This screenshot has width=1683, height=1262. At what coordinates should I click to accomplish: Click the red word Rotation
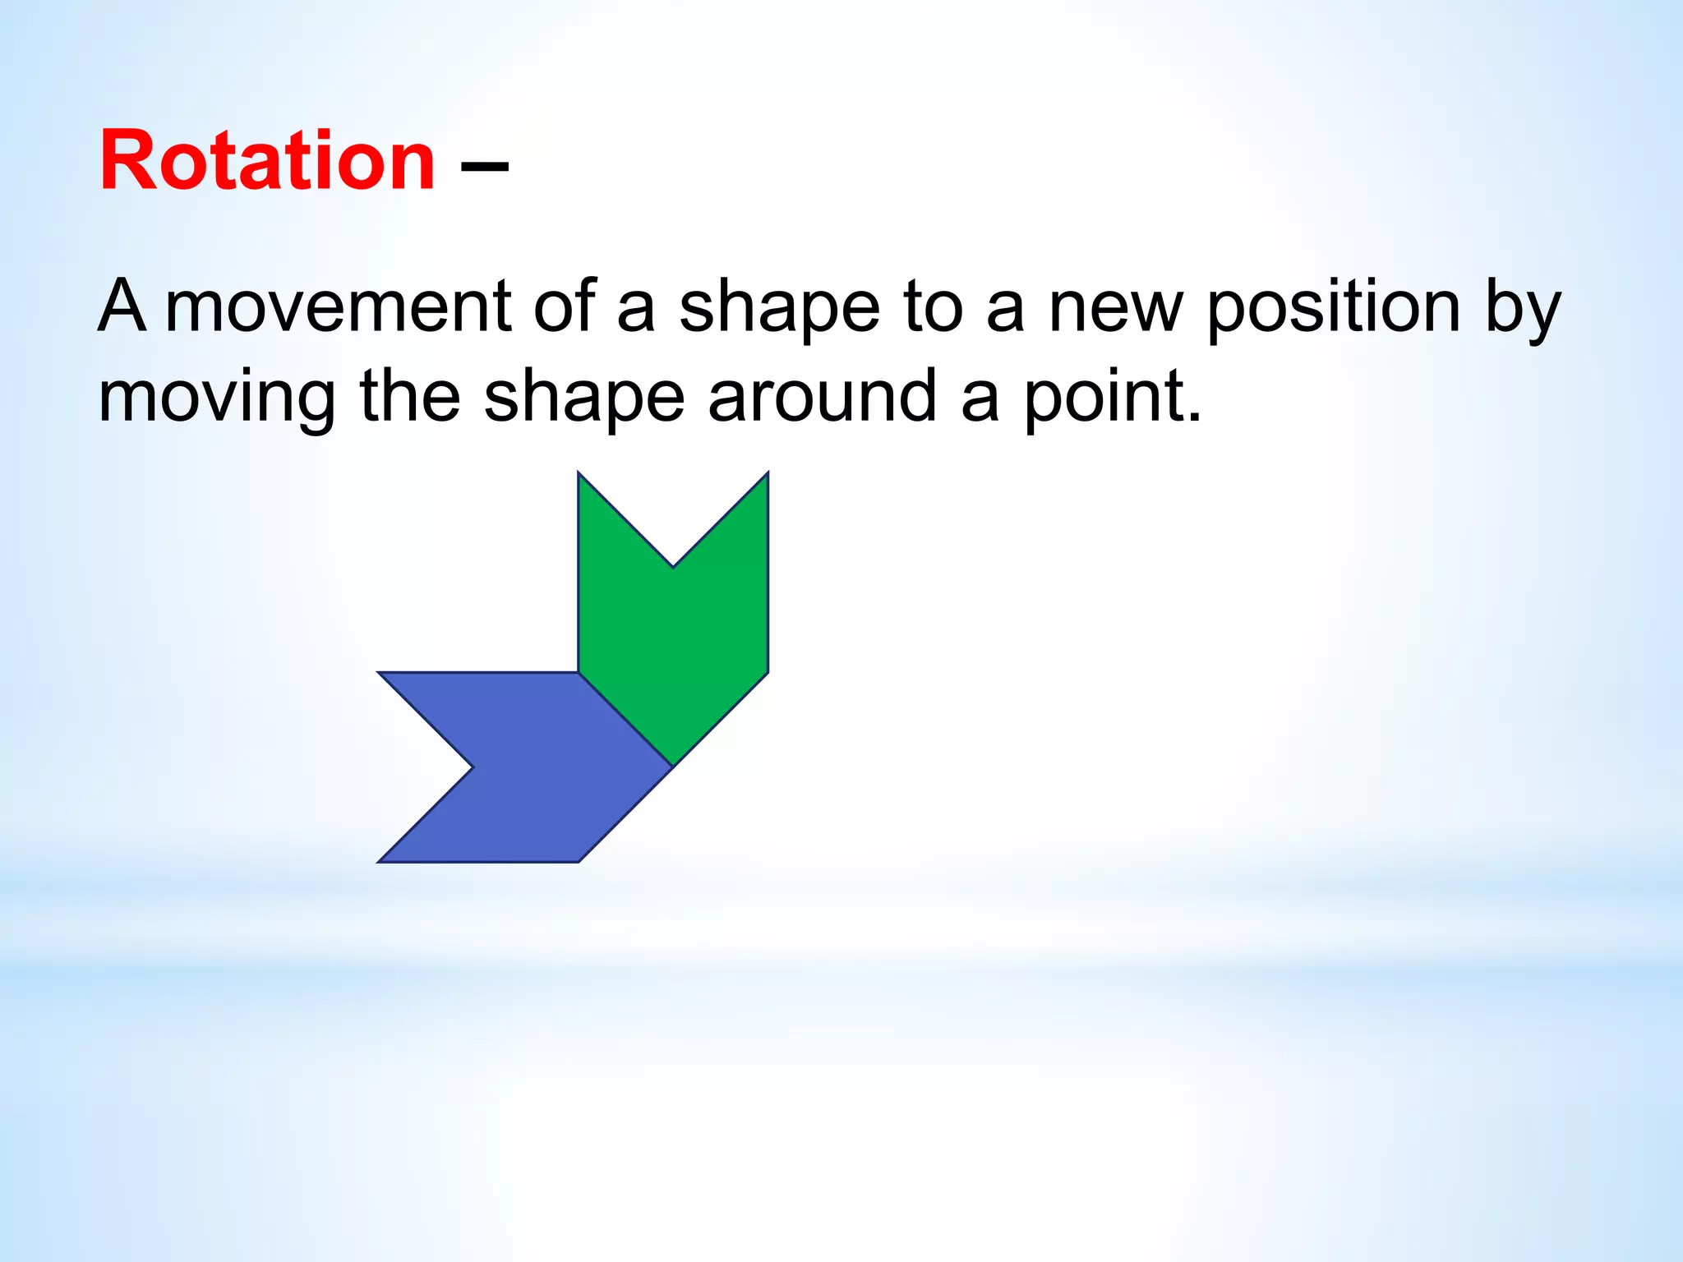click(267, 161)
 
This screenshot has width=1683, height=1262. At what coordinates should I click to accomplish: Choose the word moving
click(216, 398)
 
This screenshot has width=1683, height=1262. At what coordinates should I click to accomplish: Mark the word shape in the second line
click(584, 398)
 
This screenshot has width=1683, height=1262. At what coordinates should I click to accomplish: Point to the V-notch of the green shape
click(673, 566)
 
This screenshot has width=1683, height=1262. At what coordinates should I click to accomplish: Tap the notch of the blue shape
click(473, 767)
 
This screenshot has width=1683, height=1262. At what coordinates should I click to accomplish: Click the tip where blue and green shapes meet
click(673, 767)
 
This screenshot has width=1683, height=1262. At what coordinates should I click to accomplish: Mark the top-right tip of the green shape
click(768, 473)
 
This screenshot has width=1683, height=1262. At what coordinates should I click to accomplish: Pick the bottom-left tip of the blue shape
click(380, 861)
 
